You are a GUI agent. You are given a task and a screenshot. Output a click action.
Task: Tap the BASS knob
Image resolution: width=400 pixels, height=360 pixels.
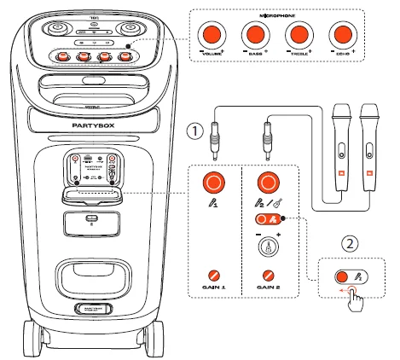(x=255, y=36)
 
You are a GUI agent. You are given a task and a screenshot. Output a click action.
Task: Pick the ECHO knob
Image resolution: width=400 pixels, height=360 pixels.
(x=342, y=36)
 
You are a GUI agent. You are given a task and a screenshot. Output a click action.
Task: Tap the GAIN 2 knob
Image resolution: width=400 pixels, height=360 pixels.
(x=269, y=276)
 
